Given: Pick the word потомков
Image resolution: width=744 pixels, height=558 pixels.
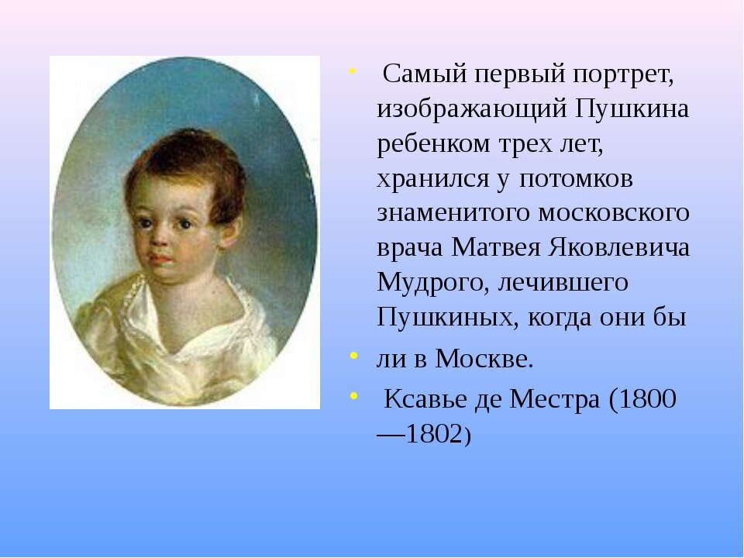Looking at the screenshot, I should [576, 178].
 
